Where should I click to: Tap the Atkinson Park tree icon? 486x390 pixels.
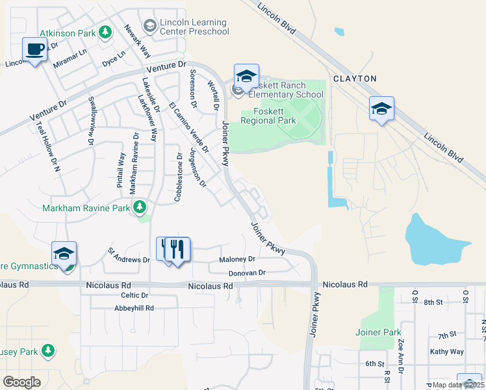pos(105,33)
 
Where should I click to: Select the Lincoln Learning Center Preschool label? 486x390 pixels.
pos(194,26)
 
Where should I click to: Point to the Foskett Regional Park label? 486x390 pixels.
pos(268,116)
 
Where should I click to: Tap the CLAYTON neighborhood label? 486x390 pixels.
pos(355,79)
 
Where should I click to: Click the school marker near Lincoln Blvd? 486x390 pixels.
pos(381,109)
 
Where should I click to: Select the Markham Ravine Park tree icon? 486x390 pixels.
pos(139,208)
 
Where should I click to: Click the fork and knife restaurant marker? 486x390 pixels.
pos(177,250)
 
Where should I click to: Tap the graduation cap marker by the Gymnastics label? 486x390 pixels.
pos(64,254)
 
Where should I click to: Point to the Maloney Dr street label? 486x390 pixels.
pos(238,259)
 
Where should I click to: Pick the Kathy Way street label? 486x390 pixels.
pos(447,352)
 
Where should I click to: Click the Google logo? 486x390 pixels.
pos(21,382)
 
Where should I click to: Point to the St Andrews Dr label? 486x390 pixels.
pos(129,255)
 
